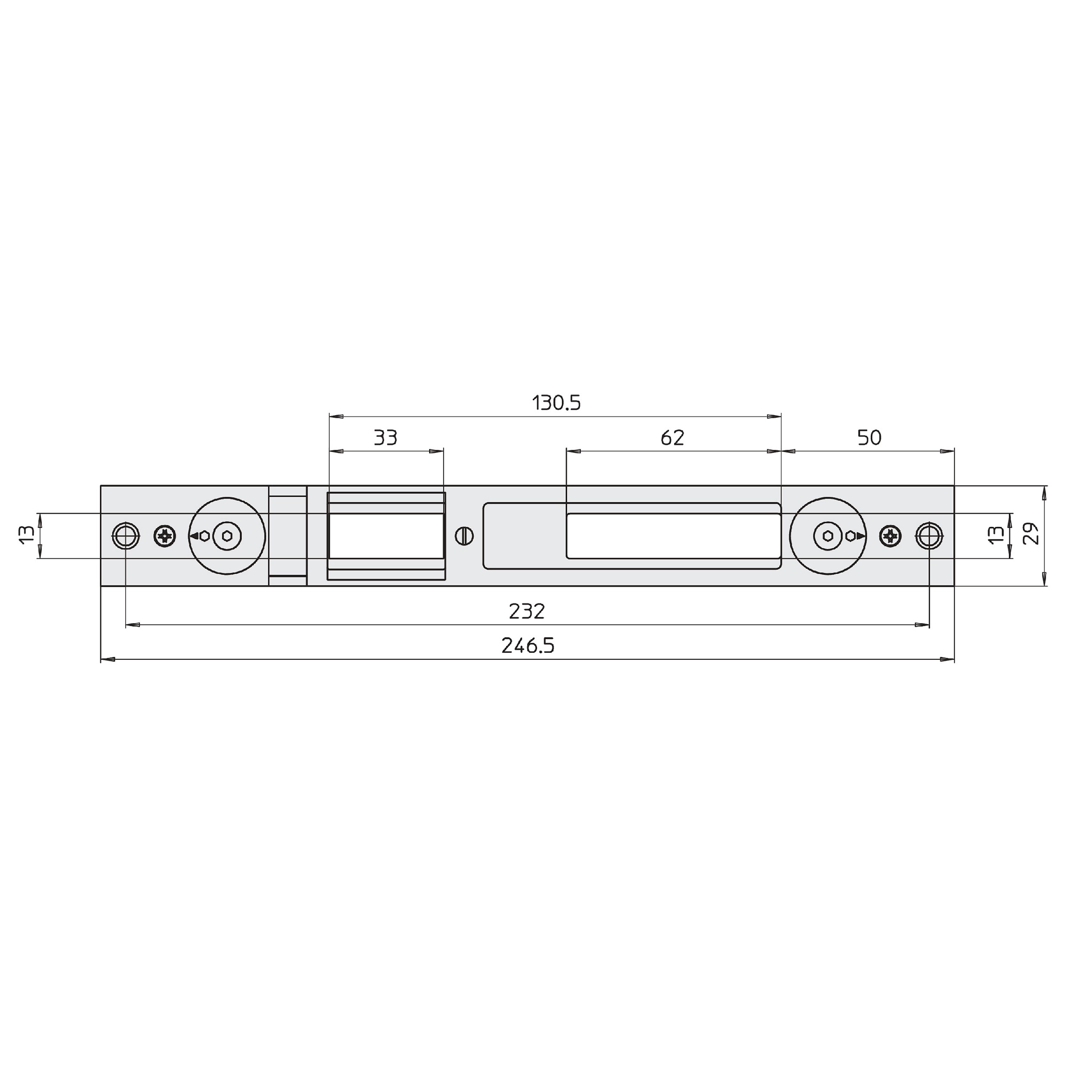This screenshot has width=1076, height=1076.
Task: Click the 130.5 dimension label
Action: tap(557, 403)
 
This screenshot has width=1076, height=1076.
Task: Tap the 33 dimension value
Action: tap(385, 438)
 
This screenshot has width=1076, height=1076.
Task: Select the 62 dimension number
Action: tap(672, 438)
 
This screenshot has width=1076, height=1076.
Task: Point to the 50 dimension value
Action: tap(869, 438)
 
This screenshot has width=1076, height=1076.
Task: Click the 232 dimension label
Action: tap(527, 612)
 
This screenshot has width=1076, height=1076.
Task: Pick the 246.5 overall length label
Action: tap(528, 646)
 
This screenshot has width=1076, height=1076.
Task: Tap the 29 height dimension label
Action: tap(1031, 534)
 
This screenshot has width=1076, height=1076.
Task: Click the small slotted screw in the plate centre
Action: tap(464, 536)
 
